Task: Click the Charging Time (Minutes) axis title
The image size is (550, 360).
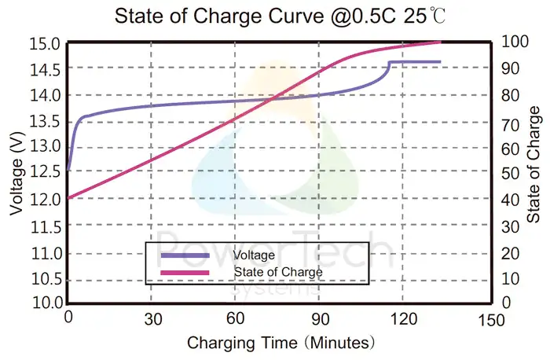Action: point(280,343)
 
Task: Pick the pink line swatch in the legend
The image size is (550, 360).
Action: point(185,272)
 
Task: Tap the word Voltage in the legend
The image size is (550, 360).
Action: point(254,255)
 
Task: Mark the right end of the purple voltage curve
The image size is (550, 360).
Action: point(440,61)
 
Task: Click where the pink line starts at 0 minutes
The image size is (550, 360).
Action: point(69,198)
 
